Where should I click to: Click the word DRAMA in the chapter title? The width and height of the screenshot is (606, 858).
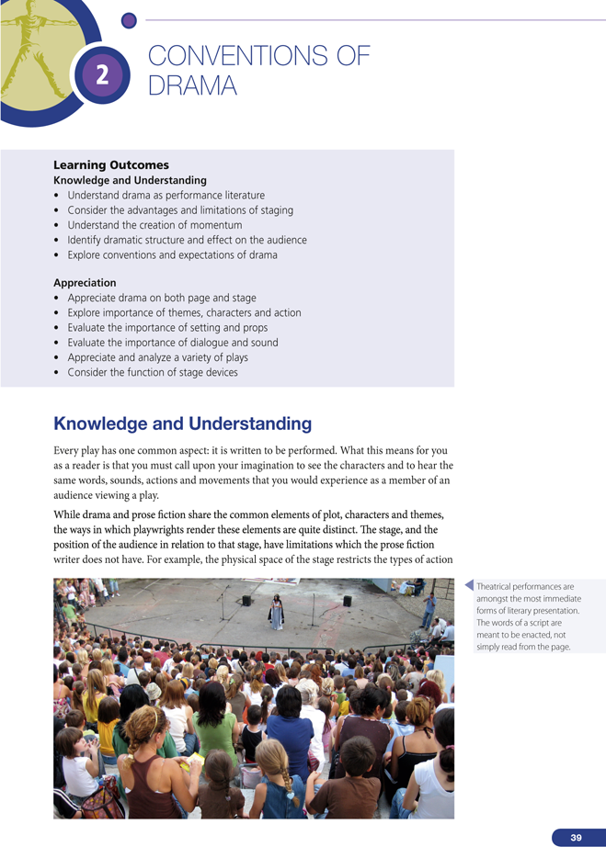coord(192,86)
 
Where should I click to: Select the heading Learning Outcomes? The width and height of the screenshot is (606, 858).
coord(111,165)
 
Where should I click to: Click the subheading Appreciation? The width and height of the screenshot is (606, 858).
coord(85,283)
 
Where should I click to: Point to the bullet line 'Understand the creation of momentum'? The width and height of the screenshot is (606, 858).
coord(154,225)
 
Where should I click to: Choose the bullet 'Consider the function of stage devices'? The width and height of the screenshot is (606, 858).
coord(153,372)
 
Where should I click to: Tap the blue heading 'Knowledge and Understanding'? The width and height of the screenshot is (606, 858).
coord(182,423)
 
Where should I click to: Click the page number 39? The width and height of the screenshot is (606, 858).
coord(576,838)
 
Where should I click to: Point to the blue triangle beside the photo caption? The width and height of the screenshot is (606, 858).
coord(470,586)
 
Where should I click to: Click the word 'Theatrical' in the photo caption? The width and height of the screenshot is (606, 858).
coord(497,586)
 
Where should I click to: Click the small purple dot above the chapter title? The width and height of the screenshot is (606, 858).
coord(129,19)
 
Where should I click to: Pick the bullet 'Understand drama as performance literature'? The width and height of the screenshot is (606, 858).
coord(166,196)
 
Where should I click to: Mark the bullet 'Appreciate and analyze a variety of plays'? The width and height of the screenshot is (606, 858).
coord(157,357)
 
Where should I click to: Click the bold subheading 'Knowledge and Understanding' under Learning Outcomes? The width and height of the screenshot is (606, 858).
coord(130,180)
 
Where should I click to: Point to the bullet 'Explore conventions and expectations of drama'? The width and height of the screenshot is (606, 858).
coord(172,254)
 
